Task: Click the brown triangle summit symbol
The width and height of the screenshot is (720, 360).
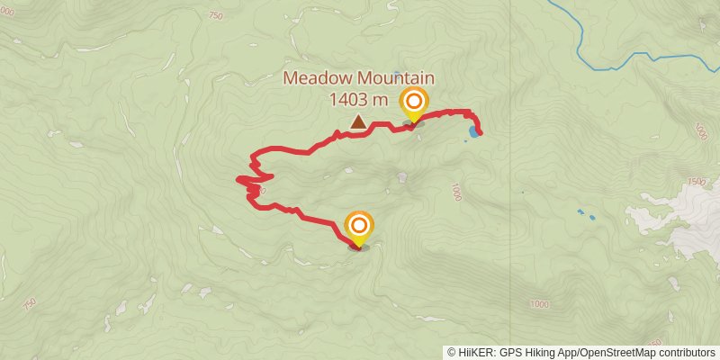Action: click(358, 121)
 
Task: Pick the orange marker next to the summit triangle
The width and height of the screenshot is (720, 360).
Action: click(414, 103)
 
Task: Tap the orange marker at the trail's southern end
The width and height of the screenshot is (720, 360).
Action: click(359, 227)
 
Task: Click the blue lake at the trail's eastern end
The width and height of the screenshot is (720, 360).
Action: click(473, 132)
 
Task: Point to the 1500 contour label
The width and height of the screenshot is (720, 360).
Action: click(695, 182)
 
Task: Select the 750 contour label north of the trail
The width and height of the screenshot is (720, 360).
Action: click(215, 15)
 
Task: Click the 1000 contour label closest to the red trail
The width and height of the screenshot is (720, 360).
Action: click(457, 192)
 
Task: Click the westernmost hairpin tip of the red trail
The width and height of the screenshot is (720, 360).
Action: click(238, 180)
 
